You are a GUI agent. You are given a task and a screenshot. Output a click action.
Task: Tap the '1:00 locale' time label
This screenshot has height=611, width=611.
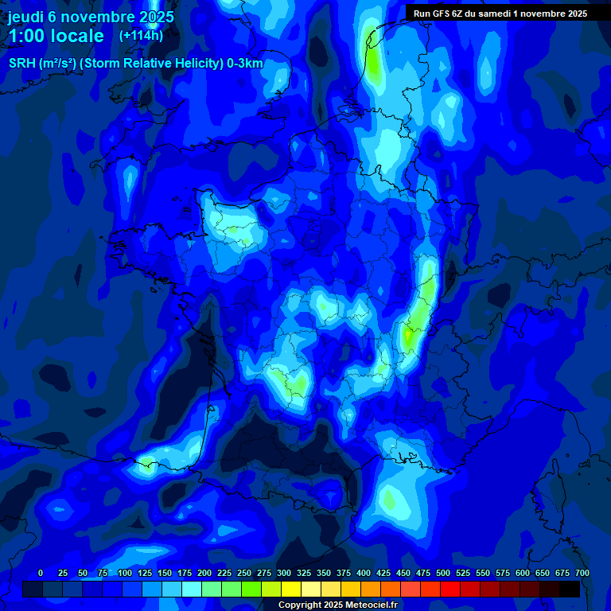pyautogui.click(x=56, y=36)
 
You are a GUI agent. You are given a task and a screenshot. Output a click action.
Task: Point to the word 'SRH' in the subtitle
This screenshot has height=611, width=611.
pyautogui.click(x=21, y=64)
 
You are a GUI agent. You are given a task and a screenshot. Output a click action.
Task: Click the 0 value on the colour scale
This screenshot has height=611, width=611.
pyautogui.click(x=41, y=573)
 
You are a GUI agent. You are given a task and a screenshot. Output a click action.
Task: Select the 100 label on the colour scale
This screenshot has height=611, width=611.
pyautogui.click(x=125, y=573)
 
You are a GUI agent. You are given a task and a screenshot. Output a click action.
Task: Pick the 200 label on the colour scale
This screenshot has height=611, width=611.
pyautogui.click(x=204, y=573)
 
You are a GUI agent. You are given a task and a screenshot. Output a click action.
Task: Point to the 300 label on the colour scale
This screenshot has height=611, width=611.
pyautogui.click(x=284, y=573)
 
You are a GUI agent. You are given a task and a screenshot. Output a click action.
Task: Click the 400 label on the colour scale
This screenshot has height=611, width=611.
pyautogui.click(x=364, y=573)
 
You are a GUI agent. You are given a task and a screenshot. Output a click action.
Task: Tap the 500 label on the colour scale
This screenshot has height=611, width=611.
pyautogui.click(x=443, y=573)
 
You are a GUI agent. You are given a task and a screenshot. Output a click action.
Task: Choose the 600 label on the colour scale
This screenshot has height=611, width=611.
pyautogui.click(x=523, y=573)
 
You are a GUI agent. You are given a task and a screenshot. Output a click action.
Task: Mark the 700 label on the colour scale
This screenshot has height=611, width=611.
pyautogui.click(x=582, y=573)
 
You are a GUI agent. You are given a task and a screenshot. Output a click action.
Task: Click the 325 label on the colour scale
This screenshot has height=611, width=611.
pyautogui.click(x=304, y=573)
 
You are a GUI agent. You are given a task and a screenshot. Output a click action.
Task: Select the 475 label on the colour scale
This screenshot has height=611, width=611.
pyautogui.click(x=423, y=573)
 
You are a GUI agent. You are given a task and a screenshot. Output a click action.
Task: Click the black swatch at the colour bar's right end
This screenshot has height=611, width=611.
pyautogui.click(x=569, y=589)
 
